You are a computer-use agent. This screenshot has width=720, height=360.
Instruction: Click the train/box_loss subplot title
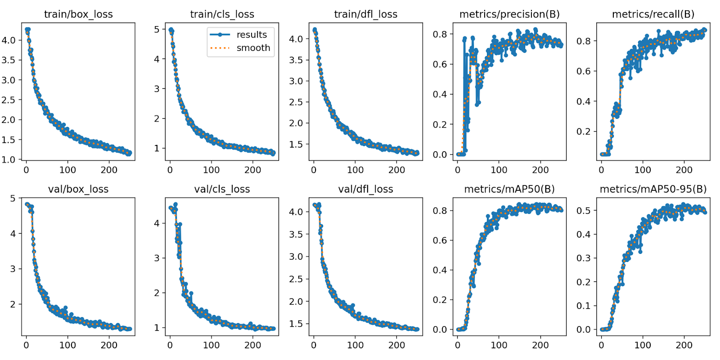(x=78, y=14)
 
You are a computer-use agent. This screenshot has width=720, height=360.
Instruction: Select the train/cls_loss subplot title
(x=222, y=14)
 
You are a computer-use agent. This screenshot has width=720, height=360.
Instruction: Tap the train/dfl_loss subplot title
(x=365, y=14)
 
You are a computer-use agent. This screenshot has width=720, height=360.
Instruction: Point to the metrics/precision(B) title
(x=509, y=14)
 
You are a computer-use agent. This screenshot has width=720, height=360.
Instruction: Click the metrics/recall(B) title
(x=653, y=14)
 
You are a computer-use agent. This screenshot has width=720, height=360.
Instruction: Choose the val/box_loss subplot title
(x=78, y=189)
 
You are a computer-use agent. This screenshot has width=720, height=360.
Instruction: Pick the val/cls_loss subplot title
(x=222, y=189)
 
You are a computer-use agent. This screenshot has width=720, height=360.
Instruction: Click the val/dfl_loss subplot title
(x=365, y=189)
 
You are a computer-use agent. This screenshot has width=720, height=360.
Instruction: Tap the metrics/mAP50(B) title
(x=509, y=189)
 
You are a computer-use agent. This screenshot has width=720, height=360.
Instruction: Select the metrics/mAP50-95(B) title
(x=653, y=189)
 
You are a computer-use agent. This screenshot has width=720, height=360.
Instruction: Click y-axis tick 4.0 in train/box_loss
(x=9, y=40)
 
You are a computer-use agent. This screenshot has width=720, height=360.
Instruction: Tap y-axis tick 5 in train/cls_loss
(x=157, y=29)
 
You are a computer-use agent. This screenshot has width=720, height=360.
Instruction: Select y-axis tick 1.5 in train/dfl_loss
(x=296, y=144)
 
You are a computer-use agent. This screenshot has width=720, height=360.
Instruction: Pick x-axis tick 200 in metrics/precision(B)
(x=540, y=170)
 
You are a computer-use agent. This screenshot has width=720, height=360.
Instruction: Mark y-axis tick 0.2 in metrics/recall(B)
(x=584, y=131)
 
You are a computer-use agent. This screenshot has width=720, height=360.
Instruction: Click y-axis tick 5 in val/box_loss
(x=13, y=198)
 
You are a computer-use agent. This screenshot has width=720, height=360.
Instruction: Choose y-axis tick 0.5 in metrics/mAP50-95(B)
(x=584, y=211)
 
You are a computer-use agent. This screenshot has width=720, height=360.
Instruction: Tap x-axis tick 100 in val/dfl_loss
(x=355, y=345)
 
